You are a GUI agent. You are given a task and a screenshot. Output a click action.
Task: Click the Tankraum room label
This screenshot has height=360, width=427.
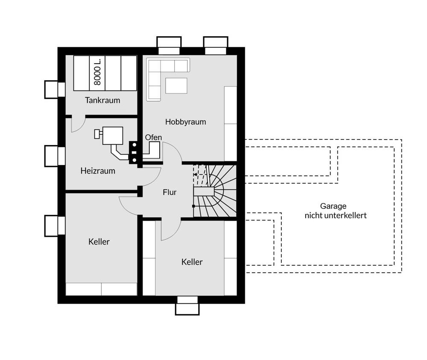102,100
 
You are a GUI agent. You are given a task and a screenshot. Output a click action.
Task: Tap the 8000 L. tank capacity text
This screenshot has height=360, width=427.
97,71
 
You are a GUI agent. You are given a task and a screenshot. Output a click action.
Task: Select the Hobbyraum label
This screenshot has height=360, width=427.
185,122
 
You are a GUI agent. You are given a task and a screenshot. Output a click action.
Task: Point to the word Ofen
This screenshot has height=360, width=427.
153,137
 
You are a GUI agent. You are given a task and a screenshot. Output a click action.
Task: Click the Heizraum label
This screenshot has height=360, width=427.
98,171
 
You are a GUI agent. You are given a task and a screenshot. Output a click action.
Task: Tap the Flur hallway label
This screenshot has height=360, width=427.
170,192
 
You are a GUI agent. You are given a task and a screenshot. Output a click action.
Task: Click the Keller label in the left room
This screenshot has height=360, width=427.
99,241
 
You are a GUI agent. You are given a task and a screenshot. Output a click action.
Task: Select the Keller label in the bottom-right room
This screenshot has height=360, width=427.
192,262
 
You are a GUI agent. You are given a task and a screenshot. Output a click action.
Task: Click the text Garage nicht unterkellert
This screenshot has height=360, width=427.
336,211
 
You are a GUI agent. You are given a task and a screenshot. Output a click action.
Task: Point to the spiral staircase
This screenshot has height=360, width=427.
215,191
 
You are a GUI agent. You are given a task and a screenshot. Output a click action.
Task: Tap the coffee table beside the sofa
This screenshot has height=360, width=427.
176,86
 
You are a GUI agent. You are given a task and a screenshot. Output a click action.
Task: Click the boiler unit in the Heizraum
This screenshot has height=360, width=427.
112,135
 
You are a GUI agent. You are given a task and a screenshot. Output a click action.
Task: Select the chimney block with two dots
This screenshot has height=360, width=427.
134,153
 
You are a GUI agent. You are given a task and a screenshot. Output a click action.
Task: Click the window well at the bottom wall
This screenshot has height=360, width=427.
187,306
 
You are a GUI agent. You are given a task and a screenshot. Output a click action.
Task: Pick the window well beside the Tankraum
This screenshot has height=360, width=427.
55,90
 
